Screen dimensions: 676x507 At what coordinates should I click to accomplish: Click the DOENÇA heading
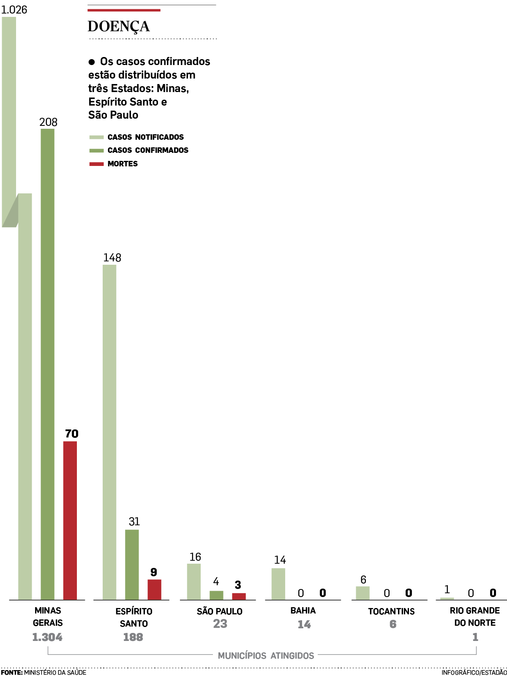(x=118, y=26)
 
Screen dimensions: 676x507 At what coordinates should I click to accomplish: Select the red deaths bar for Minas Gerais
(x=70, y=520)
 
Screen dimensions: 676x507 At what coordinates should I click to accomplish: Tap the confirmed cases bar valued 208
(x=48, y=363)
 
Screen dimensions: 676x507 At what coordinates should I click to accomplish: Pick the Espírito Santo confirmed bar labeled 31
(x=132, y=565)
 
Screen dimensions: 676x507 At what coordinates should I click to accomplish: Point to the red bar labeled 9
(x=154, y=589)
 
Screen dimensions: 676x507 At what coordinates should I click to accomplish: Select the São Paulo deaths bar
(x=239, y=596)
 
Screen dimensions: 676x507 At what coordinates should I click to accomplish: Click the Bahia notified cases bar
(x=278, y=584)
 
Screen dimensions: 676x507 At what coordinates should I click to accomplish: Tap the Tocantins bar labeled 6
(x=363, y=593)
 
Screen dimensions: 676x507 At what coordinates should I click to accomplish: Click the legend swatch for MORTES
(x=96, y=164)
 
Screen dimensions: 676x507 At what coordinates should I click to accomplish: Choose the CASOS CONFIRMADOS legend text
(x=148, y=150)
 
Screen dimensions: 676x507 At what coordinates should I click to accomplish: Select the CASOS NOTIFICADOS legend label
(x=146, y=137)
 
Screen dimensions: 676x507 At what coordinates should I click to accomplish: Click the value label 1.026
(x=14, y=10)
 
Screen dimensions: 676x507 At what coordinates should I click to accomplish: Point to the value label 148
(x=112, y=258)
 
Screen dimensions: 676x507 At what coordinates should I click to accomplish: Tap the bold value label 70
(x=71, y=434)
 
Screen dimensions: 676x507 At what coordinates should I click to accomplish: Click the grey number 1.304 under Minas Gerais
(x=47, y=637)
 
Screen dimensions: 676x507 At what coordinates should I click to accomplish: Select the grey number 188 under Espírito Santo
(x=133, y=637)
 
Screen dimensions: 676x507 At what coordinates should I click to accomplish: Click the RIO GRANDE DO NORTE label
(x=475, y=616)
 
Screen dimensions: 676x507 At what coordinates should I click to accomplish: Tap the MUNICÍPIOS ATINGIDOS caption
(x=266, y=656)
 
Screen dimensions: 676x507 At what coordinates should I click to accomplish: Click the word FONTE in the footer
(x=11, y=672)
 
